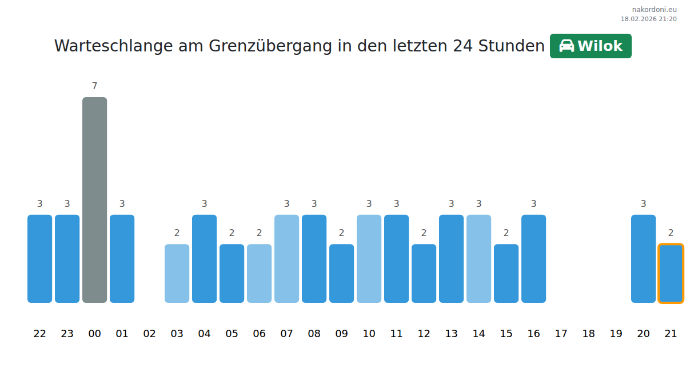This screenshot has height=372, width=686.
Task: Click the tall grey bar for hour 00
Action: (x=94, y=200)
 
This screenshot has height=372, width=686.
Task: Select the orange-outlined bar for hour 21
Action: (x=671, y=273)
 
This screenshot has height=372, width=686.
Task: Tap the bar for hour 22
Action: (x=39, y=258)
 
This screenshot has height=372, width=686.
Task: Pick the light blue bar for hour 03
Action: (x=177, y=273)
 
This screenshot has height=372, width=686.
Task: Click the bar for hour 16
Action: (x=533, y=258)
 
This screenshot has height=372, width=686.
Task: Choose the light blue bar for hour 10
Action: (x=369, y=258)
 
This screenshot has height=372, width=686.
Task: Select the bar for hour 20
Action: (x=643, y=258)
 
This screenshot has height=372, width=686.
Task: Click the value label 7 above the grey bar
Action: (x=94, y=86)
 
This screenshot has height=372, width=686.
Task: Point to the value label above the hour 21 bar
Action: (x=671, y=233)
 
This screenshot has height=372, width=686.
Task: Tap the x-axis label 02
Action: (x=149, y=334)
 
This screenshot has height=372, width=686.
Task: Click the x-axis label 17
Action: (x=561, y=334)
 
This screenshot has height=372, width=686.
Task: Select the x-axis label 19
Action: (x=616, y=334)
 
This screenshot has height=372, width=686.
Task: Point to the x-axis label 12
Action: (x=424, y=334)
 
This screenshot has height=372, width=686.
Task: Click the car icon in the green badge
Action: (x=566, y=46)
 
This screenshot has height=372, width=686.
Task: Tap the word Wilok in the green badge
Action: (x=600, y=46)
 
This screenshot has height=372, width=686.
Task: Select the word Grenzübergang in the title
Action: (x=270, y=46)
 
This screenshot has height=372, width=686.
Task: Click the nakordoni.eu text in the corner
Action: (x=654, y=10)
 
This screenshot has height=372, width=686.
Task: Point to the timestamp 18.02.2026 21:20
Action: (x=648, y=19)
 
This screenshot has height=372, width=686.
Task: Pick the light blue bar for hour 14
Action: (x=478, y=258)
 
